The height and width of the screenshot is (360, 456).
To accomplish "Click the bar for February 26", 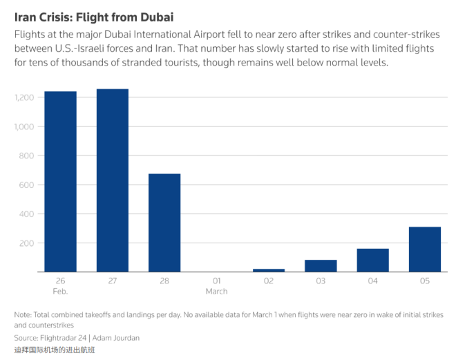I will pyautogui.click(x=60, y=181).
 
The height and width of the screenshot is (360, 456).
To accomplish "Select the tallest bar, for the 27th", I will pyautogui.click(x=113, y=180).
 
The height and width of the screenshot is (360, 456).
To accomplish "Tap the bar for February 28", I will pyautogui.click(x=164, y=222).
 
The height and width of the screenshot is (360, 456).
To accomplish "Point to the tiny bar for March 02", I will pyautogui.click(x=269, y=270).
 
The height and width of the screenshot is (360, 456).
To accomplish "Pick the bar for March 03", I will pyautogui.click(x=321, y=266).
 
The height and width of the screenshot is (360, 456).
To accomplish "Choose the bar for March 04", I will pyautogui.click(x=373, y=260).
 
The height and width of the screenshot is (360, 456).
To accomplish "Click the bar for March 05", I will pyautogui.click(x=425, y=249).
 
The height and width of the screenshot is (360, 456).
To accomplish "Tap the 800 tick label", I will pyautogui.click(x=28, y=155).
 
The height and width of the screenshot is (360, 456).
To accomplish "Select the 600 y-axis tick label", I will pyautogui.click(x=28, y=184).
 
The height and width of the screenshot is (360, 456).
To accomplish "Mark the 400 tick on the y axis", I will pyautogui.click(x=28, y=214).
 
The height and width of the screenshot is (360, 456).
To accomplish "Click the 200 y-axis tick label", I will pyautogui.click(x=28, y=243).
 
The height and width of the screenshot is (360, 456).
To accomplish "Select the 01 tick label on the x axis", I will pyautogui.click(x=216, y=281).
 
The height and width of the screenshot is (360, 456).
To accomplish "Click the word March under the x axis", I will pyautogui.click(x=216, y=292).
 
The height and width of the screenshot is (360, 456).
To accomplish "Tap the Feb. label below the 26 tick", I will pyautogui.click(x=60, y=292).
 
